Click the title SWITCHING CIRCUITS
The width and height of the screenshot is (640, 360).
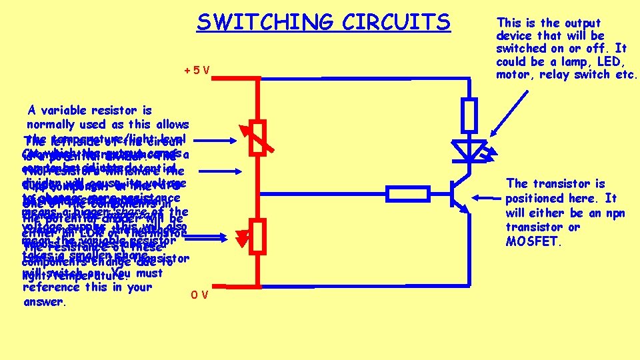323,23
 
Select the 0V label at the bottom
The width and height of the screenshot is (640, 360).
199,294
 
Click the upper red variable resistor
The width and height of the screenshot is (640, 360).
258,137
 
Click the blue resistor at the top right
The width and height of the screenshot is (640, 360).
469,114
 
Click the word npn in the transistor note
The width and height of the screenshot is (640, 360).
606,213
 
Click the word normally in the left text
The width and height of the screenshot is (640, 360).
52,124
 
